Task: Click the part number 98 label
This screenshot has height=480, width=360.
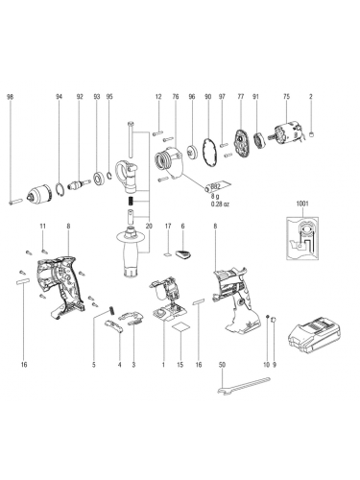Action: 11,96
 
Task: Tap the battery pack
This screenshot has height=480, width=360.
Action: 314,336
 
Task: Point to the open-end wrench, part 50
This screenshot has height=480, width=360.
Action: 243,385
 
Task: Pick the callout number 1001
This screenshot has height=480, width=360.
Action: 302,204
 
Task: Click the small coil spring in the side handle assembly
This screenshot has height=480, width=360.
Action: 131,202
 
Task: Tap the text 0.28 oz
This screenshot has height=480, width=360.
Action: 221,204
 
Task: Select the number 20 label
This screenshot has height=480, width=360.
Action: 149,226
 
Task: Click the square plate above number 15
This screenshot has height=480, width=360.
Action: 180,329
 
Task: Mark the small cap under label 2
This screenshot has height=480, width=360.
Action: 312,134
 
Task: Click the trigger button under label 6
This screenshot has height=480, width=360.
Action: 183,254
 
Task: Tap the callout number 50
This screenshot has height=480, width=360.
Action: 223,364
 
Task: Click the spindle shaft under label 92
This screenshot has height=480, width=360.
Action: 78,185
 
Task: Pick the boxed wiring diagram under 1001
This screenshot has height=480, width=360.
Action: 302,237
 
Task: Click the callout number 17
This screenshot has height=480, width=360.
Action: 168,226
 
